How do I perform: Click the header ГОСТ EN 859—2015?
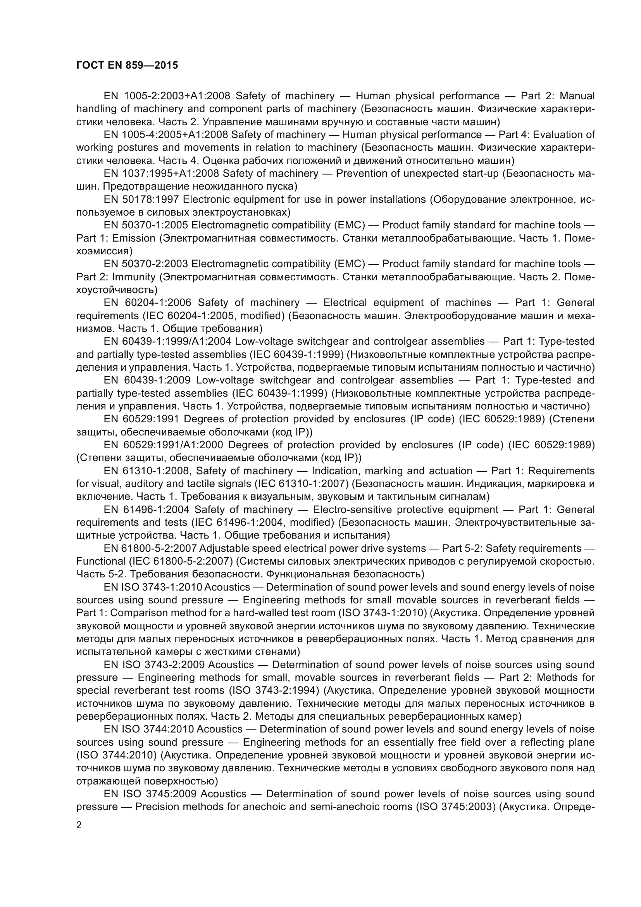(127, 65)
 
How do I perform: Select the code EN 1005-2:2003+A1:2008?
(166, 96)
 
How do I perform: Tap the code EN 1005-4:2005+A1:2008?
(166, 135)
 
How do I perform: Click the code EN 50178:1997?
(140, 199)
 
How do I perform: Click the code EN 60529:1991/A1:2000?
(164, 445)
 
